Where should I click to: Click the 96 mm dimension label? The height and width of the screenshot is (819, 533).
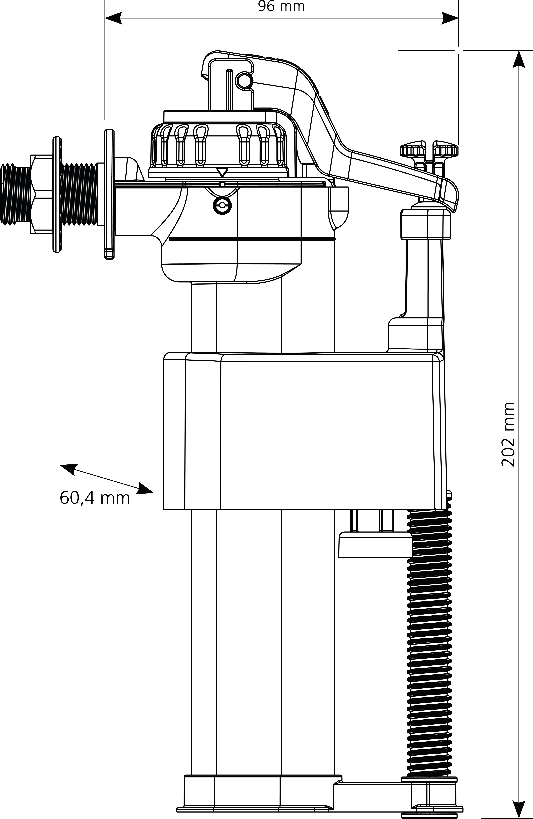[281, 7]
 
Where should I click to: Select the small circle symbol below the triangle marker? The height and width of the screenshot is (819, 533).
[222, 206]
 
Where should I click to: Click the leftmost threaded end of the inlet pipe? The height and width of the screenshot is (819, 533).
[15, 195]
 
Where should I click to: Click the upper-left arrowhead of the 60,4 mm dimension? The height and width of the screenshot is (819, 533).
[68, 469]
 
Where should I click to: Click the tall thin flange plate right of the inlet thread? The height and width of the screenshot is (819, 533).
[109, 194]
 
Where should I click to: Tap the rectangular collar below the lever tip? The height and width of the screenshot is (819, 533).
[426, 224]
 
